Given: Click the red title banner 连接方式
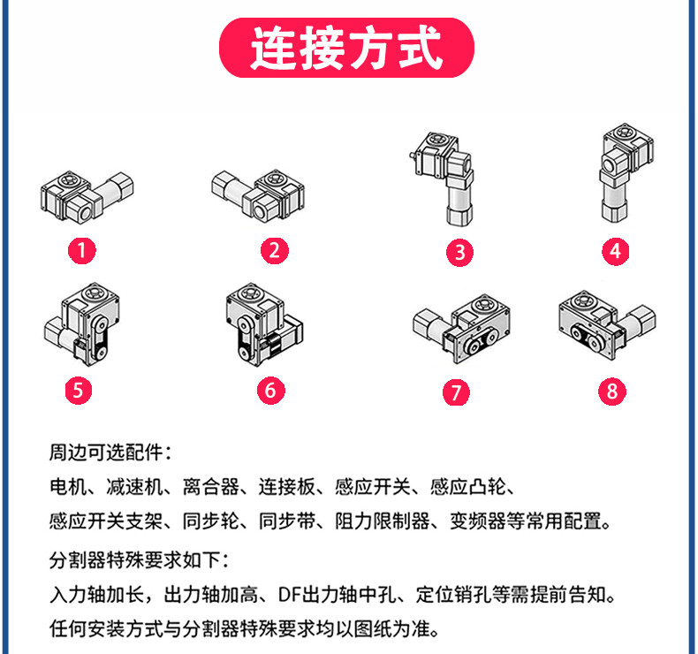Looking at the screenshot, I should coord(346,49).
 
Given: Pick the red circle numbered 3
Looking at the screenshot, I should coord(459,252).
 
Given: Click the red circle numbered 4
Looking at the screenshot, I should coord(615,251).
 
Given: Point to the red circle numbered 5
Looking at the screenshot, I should coord(80,390).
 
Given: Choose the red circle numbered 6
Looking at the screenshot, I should coord(271,389).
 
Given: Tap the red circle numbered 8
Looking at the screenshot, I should coord(611,390).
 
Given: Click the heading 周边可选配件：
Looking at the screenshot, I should coord(110,453).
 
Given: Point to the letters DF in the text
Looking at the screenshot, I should coord(288,591).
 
